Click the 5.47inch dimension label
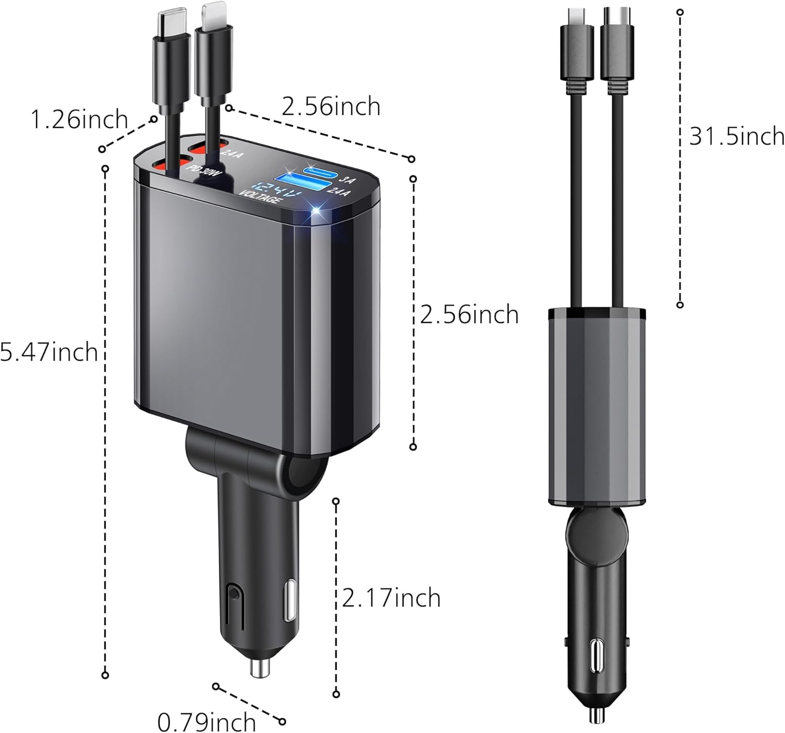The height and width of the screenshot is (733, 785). click(x=49, y=351)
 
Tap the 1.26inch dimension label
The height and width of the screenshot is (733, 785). click(x=79, y=119)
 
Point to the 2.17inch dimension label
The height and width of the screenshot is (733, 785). click(x=391, y=598)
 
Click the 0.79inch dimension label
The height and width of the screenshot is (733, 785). click(x=206, y=723)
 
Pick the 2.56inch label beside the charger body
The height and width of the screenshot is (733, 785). click(x=469, y=315)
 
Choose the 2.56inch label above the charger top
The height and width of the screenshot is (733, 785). click(x=331, y=107)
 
